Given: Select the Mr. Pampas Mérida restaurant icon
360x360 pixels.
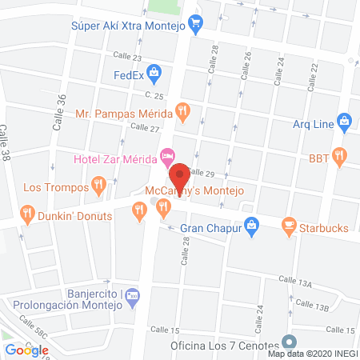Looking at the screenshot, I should [183, 112].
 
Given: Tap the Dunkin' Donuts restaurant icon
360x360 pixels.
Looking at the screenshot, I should [27, 214].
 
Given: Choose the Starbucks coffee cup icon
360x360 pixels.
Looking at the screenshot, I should [289, 228].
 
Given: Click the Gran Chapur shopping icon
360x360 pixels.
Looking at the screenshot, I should [250, 227].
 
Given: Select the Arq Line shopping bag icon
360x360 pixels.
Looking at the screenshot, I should [345, 122].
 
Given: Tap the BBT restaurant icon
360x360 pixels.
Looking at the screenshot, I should [340, 156].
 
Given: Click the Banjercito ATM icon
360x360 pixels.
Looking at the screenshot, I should [133, 296].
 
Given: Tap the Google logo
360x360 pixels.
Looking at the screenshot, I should [27, 350].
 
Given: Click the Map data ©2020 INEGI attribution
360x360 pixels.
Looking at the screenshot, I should [312, 354].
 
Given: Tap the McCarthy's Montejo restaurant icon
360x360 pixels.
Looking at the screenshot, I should [164, 209].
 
